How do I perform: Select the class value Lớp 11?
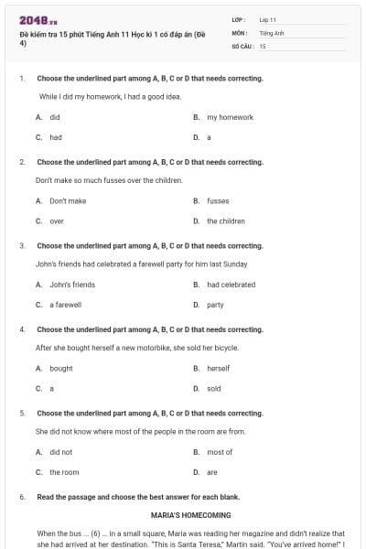tap(267, 19)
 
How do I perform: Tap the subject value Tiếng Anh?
tap(272, 32)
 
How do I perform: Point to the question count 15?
tap(263, 45)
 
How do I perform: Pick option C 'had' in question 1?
tap(56, 137)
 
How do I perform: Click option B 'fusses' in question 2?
tap(218, 200)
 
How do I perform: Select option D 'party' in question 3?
tap(215, 305)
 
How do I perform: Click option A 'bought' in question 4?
tap(61, 368)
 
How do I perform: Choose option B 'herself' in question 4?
tap(218, 368)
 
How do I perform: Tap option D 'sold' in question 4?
tap(213, 388)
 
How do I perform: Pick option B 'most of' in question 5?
tap(220, 452)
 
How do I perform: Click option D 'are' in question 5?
tap(211, 472)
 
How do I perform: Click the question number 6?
tap(21, 497)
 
